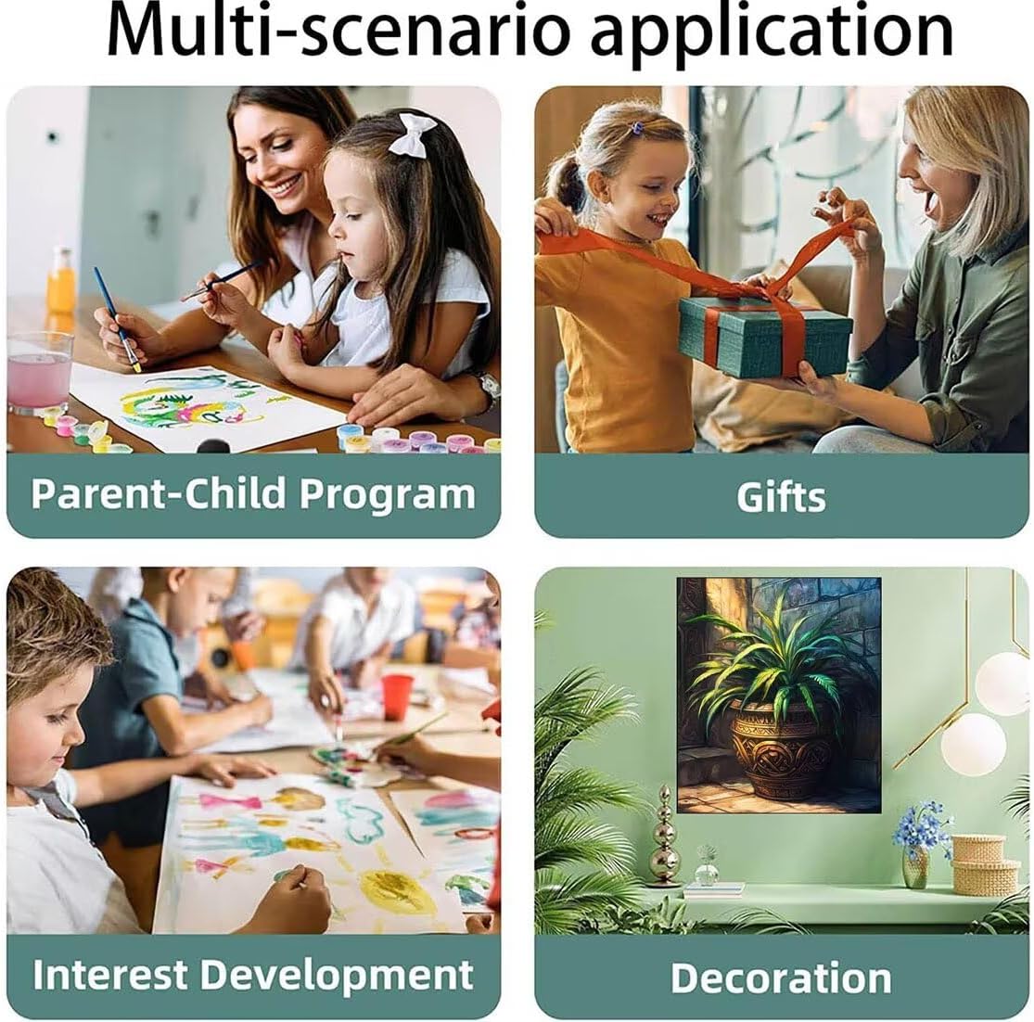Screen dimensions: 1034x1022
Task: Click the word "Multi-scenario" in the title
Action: point(338,31)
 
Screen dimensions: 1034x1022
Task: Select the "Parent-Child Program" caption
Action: point(253,494)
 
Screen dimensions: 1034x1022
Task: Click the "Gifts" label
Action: point(781,496)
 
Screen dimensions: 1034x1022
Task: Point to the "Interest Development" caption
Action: point(253,976)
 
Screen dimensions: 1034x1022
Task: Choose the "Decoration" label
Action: point(782,977)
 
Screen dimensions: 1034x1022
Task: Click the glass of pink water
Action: point(40,373)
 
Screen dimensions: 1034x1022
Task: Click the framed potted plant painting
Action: point(779,695)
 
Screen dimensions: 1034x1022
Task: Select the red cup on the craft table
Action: point(396,696)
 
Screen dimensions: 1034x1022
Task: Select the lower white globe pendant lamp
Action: point(974,744)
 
